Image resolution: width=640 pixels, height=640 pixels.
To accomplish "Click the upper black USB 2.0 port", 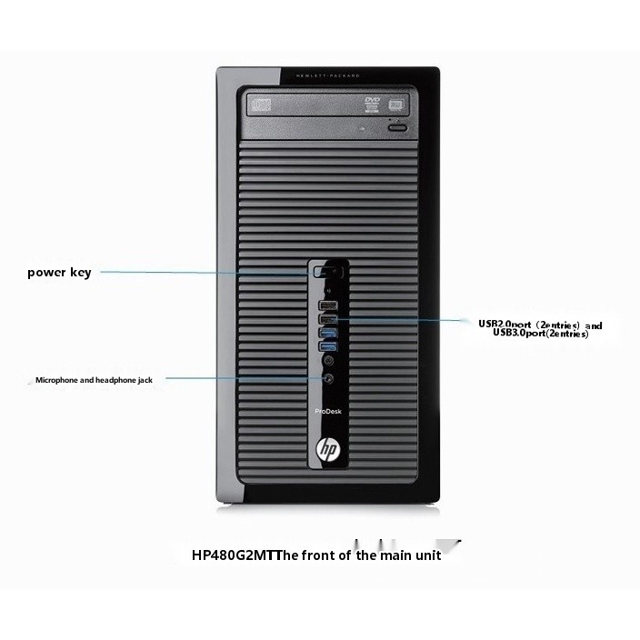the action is click(327, 305).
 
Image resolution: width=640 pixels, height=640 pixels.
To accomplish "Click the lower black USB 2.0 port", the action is click(327, 319).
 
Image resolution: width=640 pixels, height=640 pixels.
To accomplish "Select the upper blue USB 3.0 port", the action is click(327, 333).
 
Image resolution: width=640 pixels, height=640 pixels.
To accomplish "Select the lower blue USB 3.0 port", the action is click(327, 346).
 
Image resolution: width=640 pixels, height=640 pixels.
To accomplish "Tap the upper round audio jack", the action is click(327, 361).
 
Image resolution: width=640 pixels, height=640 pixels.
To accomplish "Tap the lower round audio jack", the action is click(327, 377).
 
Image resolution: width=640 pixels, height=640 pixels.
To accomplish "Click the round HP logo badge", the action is click(327, 450).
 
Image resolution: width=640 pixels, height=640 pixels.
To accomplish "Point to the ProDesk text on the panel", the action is click(327, 410).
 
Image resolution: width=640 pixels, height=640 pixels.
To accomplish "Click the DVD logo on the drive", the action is click(371, 99).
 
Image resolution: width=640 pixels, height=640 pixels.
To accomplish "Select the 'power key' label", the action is click(59, 272).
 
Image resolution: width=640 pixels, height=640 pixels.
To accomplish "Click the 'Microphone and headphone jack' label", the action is click(94, 380).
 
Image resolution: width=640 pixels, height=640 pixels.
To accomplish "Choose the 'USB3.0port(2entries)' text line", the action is click(540, 334).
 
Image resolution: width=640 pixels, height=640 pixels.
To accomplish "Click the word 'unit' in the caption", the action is click(425, 555).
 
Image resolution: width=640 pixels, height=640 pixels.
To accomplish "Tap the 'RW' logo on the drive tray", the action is click(371, 113).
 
